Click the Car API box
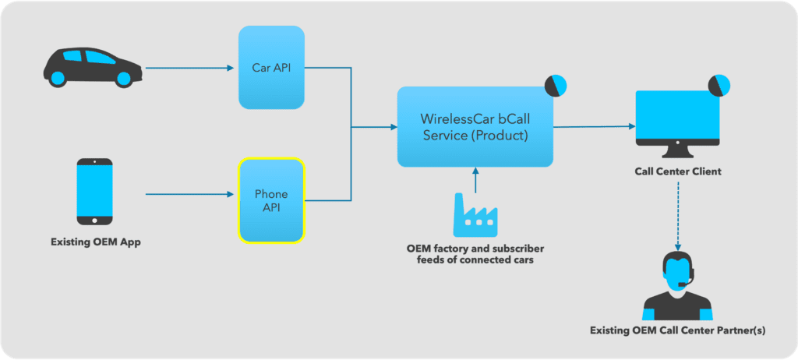[x=270, y=67]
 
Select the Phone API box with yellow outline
[x=270, y=200]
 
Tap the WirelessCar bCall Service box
[x=475, y=126]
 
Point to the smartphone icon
[x=94, y=191]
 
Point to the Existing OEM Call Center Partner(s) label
[x=676, y=330]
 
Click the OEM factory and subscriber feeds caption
[x=475, y=254]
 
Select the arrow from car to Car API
[x=190, y=68]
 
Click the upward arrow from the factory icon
[x=475, y=180]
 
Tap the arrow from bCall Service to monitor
[x=592, y=126]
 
